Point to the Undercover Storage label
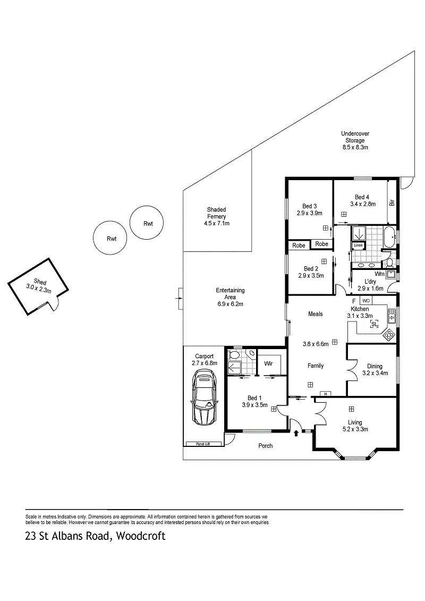355,134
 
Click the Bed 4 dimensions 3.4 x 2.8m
362,204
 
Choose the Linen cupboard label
358,246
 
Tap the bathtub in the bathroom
390,236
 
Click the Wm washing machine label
379,274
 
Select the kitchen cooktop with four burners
389,335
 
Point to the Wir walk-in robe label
268,364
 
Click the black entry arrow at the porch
296,433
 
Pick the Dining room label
375,366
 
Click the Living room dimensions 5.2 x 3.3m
355,429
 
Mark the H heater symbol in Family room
324,394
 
